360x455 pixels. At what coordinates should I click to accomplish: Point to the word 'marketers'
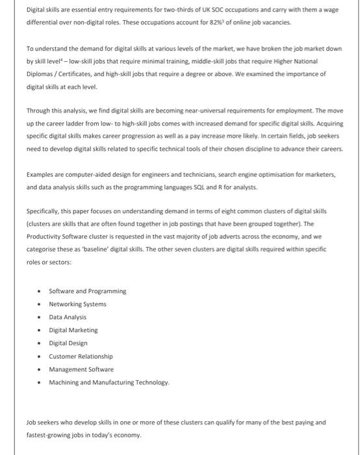(318, 174)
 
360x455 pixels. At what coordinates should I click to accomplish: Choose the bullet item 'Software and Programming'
(88, 291)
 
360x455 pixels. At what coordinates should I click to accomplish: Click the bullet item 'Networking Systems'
(77, 304)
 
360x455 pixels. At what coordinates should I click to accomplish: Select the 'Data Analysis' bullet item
(68, 317)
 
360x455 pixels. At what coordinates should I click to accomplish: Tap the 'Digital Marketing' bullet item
(73, 330)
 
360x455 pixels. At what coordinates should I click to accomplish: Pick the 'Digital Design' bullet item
(68, 343)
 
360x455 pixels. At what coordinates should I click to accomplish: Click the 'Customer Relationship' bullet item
(81, 356)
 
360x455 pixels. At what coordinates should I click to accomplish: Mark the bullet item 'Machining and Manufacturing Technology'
(109, 382)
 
